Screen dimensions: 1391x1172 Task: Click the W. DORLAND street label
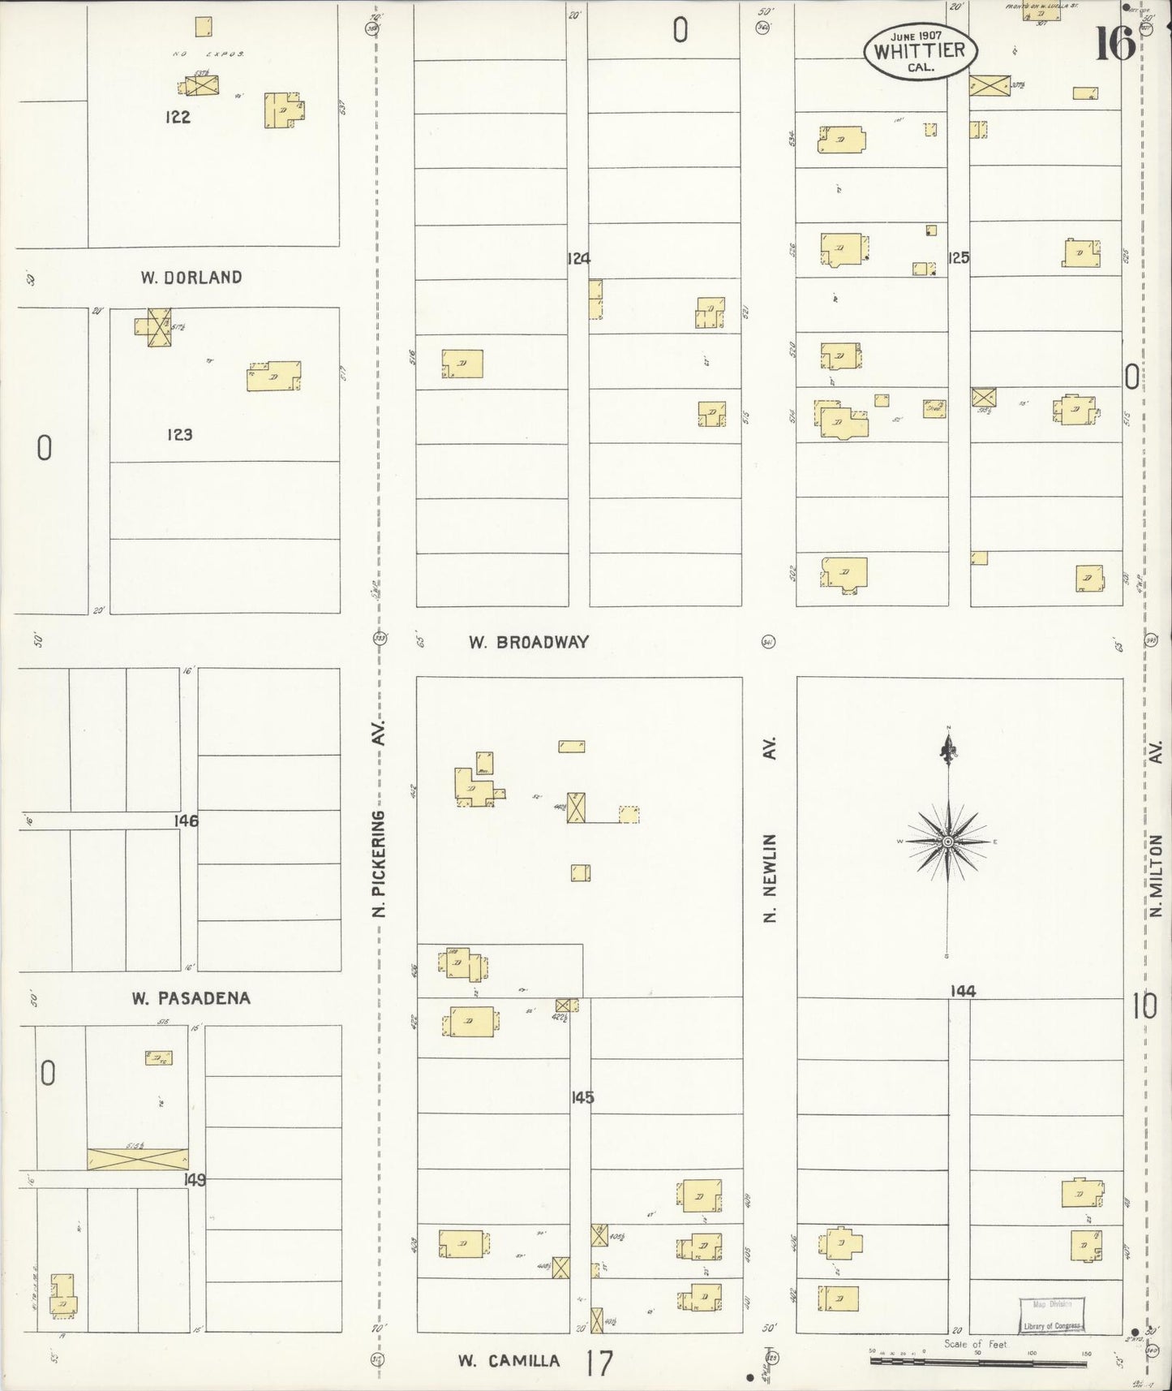point(191,278)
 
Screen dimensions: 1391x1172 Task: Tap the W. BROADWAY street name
point(528,642)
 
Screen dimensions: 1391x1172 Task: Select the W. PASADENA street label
point(191,998)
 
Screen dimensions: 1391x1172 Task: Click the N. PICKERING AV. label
point(378,818)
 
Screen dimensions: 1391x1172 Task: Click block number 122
point(178,117)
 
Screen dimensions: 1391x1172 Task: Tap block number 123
point(179,435)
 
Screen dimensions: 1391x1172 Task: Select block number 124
point(578,259)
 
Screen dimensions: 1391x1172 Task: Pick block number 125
point(959,258)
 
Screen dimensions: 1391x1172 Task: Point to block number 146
point(186,821)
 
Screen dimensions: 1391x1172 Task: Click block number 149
point(195,1180)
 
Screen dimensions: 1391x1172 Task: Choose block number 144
point(964,991)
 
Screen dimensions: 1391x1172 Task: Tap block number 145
point(582,1098)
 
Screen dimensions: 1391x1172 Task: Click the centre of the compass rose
point(947,842)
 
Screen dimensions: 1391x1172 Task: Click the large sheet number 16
point(1115,44)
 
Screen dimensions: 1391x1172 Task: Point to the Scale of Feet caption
point(976,1345)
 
